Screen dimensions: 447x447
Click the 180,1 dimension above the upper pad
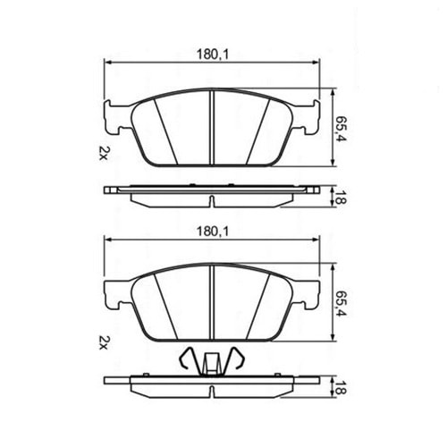[x=212, y=55]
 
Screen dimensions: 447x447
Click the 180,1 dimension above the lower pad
[x=212, y=232]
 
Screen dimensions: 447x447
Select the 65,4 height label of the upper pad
[x=342, y=128]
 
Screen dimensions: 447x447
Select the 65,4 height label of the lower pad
[x=342, y=304]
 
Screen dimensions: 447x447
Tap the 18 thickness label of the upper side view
[x=342, y=198]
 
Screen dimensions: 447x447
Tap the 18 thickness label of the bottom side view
[x=342, y=388]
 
